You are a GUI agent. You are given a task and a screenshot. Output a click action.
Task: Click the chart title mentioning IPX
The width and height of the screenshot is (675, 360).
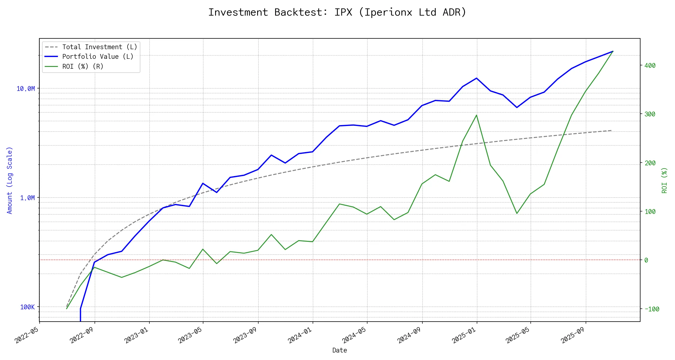pos(337,12)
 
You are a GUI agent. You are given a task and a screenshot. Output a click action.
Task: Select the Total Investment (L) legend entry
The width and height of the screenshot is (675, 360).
pos(100,47)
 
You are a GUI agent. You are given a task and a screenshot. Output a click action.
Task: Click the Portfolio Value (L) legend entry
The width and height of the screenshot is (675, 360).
pos(98,57)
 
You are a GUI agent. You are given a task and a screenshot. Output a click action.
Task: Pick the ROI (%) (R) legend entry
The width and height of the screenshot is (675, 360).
pos(83,66)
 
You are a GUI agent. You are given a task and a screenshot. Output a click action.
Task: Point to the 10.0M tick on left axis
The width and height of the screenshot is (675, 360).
pos(26,88)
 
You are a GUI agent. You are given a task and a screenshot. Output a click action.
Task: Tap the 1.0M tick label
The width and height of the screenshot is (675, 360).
pos(27,198)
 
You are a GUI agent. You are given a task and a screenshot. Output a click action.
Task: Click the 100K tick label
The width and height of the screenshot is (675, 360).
pos(27,307)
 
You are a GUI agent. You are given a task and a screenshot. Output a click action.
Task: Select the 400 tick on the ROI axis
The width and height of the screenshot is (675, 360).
pos(650,65)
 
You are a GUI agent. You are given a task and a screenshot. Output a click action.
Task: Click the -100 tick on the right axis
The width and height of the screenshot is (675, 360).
pos(652,309)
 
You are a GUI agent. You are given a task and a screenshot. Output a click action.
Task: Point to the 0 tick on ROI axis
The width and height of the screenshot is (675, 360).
pos(646,260)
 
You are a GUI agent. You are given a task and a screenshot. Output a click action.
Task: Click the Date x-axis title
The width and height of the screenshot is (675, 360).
pos(340,350)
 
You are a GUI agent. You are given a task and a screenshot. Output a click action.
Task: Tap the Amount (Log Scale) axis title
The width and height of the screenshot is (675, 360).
pos(10,180)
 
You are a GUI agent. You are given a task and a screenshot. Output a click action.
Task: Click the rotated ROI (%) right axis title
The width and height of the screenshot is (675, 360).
pos(664,180)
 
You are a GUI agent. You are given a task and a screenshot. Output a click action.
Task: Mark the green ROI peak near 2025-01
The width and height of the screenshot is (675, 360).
pos(476,115)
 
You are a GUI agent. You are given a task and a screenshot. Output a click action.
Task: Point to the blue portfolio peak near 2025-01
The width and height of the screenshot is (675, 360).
pos(476,78)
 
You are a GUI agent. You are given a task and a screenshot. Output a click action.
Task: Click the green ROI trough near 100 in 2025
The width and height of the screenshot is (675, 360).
pos(517,213)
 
